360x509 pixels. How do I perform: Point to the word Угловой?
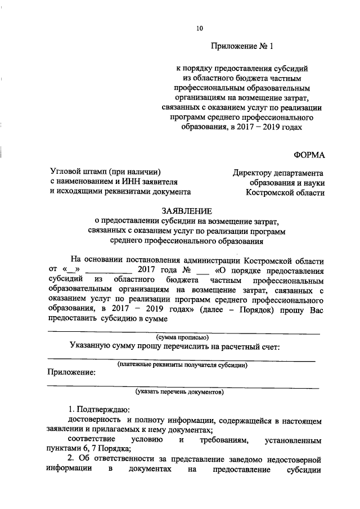point(67,171)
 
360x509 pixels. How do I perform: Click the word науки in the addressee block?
point(313,182)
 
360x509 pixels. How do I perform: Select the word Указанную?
point(93,346)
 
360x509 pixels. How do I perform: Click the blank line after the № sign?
point(156,270)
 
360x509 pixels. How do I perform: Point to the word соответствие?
point(92,438)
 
